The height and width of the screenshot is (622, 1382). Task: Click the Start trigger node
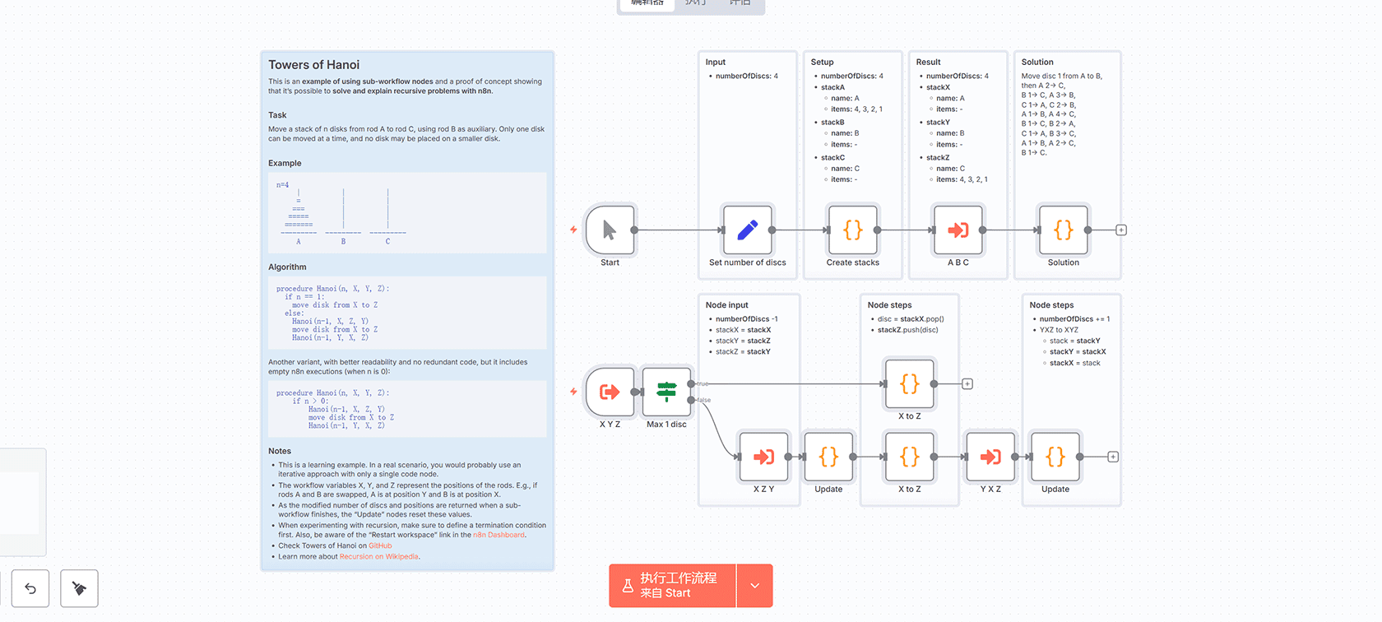click(x=610, y=230)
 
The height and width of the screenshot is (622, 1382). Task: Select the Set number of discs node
click(x=747, y=230)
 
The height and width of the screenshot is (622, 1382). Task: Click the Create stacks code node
click(x=852, y=230)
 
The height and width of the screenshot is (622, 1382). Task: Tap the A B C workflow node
click(x=958, y=230)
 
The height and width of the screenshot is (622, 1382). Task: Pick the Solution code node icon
click(x=1063, y=230)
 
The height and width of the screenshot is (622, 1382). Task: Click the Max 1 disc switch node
click(x=666, y=392)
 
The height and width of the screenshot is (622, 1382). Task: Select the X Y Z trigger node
click(x=610, y=392)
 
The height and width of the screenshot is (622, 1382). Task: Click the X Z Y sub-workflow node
click(x=763, y=457)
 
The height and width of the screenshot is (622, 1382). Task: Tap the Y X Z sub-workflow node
click(x=990, y=457)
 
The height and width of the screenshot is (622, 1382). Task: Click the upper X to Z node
click(x=909, y=383)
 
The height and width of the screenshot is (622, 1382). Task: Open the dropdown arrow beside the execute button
click(x=754, y=586)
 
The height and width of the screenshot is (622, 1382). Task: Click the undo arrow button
click(x=30, y=588)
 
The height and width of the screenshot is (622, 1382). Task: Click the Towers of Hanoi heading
click(x=313, y=65)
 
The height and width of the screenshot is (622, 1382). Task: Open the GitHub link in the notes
click(x=380, y=545)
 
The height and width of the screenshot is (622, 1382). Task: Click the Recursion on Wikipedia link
click(x=378, y=557)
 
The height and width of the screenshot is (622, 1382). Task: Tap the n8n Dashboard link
click(x=499, y=535)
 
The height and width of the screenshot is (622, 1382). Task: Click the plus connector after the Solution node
click(x=1120, y=230)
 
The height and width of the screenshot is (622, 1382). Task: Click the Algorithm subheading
click(x=287, y=267)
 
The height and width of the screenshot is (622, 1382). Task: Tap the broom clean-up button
click(x=79, y=588)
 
